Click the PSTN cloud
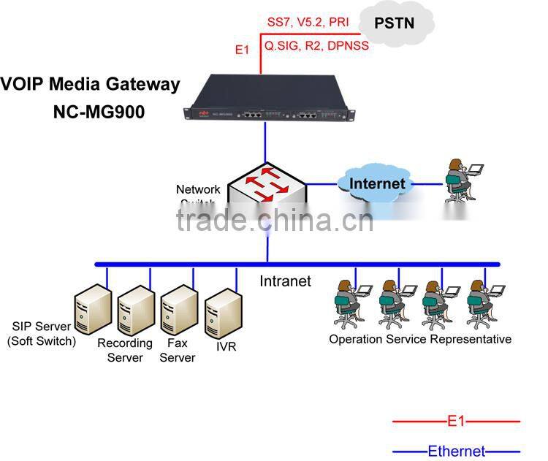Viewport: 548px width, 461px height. coord(394,24)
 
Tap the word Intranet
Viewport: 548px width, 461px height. coord(286,281)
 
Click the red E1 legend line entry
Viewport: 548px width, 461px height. coord(456,422)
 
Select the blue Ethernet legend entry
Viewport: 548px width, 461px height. coord(456,452)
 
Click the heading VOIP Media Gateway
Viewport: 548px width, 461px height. coord(90,84)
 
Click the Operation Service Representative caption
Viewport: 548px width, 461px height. coord(419,339)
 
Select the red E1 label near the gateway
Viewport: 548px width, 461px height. coord(242,50)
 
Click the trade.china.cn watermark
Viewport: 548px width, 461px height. coord(275,218)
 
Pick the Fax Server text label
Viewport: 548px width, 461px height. coord(178,350)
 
